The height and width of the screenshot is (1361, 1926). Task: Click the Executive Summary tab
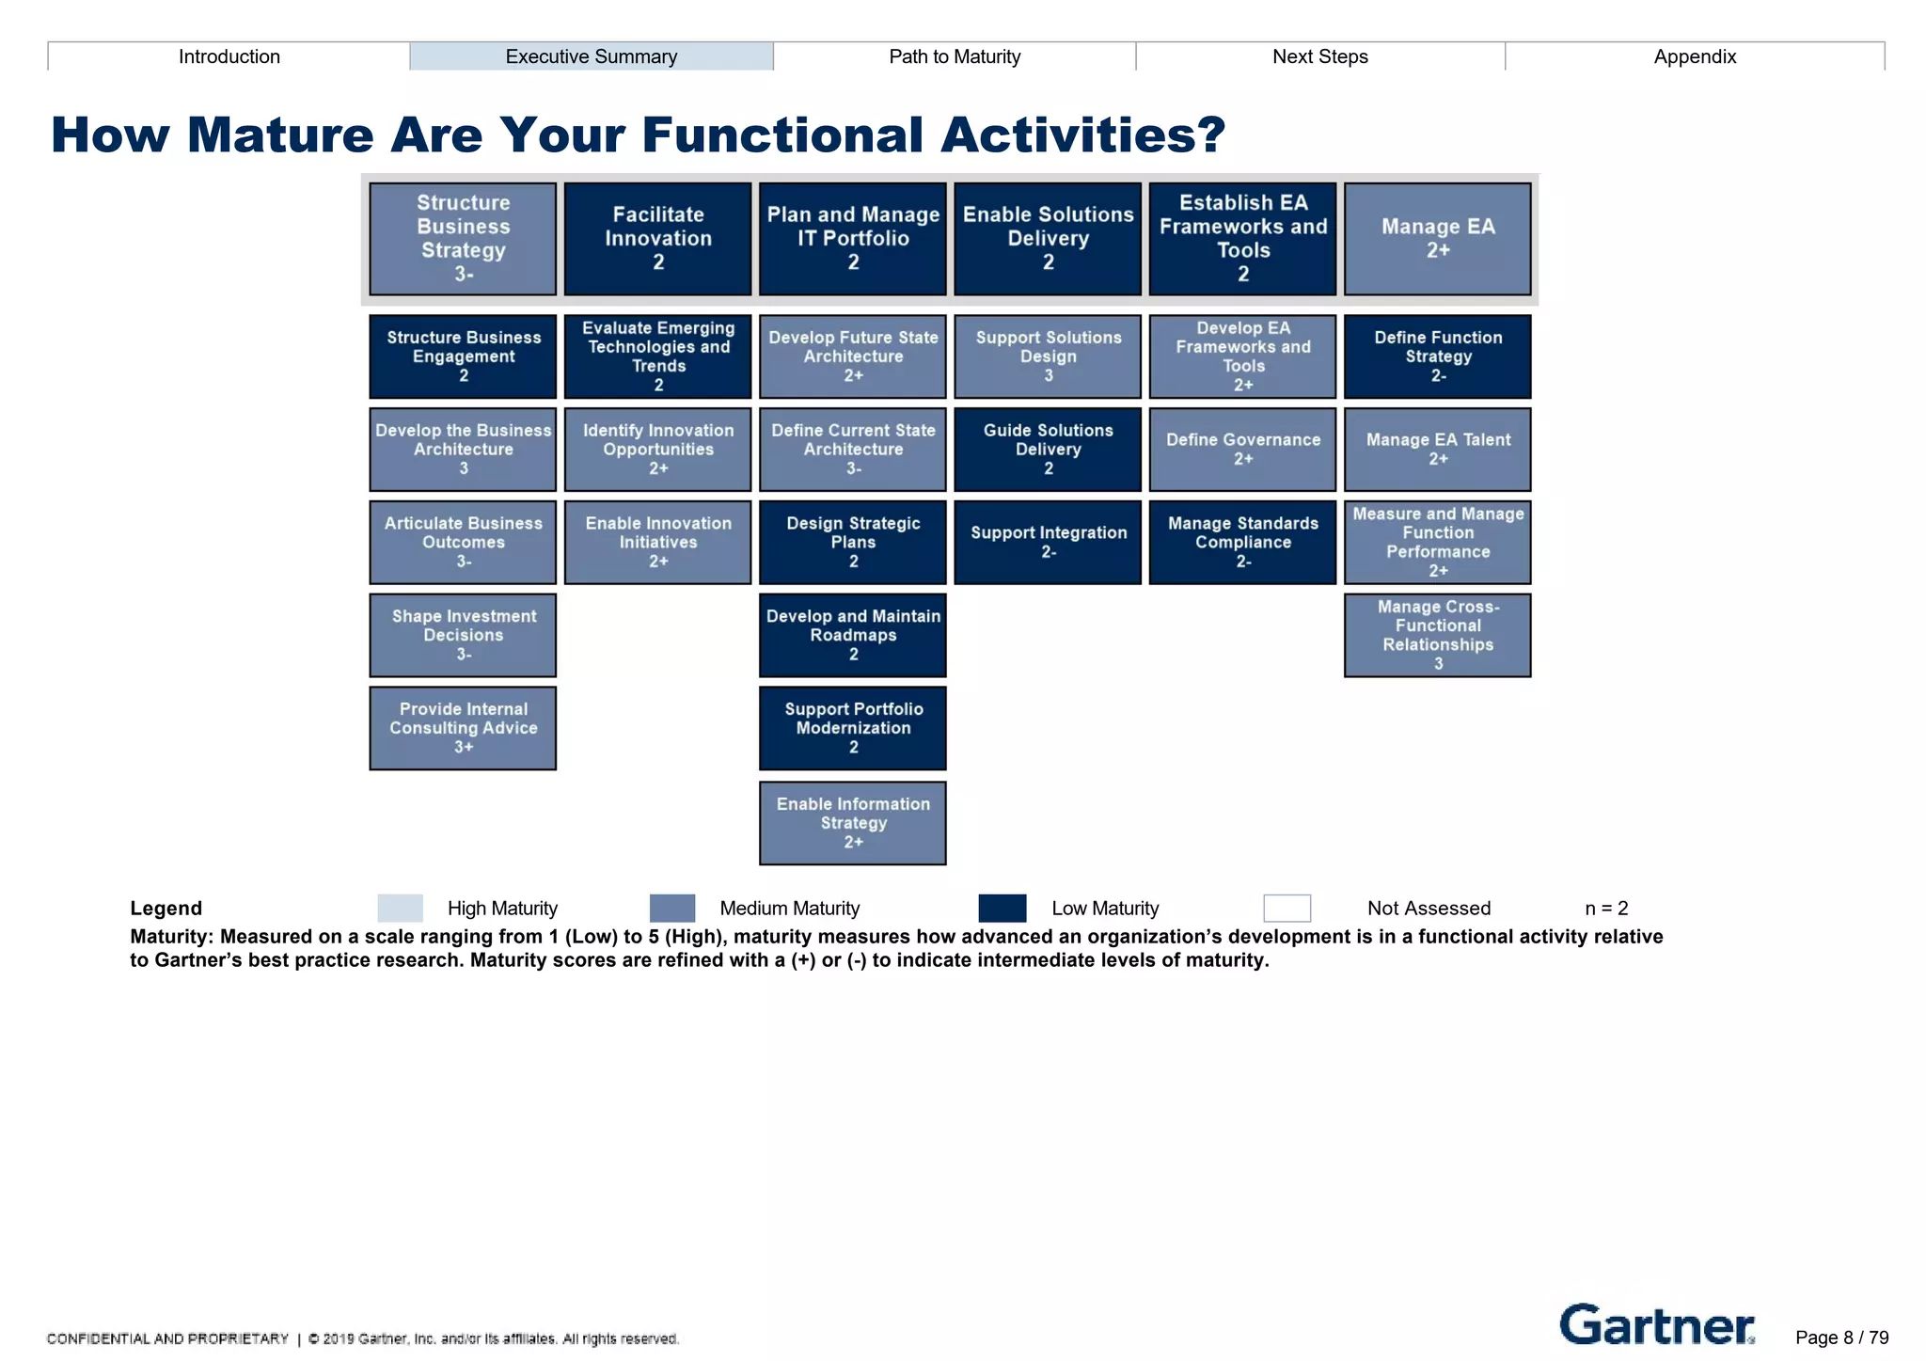[591, 56]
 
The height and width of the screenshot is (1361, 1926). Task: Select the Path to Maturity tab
[955, 56]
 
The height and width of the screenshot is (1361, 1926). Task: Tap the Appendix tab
[1695, 56]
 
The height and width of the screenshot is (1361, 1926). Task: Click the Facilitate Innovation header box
[657, 239]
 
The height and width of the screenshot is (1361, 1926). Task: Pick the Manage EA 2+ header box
[1437, 239]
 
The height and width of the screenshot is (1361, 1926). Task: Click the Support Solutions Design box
[1048, 356]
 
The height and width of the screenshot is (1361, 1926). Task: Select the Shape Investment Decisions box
[463, 635]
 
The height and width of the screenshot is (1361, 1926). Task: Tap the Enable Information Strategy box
[853, 823]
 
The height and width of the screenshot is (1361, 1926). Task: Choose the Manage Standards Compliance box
[1242, 542]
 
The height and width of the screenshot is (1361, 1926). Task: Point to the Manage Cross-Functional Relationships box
[1437, 635]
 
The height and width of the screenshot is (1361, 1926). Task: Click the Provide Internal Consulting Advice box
[463, 728]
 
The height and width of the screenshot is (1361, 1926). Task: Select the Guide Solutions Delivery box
[1048, 449]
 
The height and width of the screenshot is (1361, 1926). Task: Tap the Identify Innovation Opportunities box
[657, 449]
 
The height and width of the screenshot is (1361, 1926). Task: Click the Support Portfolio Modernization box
[853, 728]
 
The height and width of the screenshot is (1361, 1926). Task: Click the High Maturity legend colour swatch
[400, 909]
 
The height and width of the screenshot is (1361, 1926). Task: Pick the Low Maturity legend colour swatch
[1002, 909]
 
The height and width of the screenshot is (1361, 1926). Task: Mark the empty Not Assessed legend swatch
[1287, 909]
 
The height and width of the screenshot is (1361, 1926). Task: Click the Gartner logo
[1656, 1325]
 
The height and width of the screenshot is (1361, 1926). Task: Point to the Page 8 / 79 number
[1841, 1337]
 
